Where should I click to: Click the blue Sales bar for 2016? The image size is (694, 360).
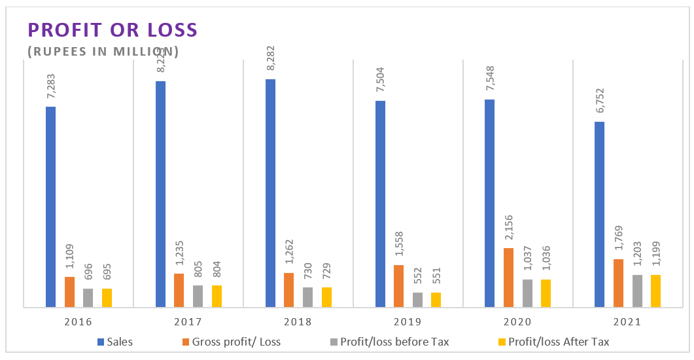pyautogui.click(x=50, y=206)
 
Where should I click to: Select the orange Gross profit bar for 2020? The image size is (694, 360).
pyautogui.click(x=508, y=277)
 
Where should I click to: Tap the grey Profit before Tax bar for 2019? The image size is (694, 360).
pyautogui.click(x=417, y=299)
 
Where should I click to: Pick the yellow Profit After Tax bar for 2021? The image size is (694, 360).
pyautogui.click(x=655, y=291)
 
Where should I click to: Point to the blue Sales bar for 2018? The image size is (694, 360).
pyautogui.click(x=270, y=192)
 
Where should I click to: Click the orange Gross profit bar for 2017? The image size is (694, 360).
pyautogui.click(x=179, y=290)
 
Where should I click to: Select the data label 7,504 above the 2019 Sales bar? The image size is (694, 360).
pyautogui.click(x=381, y=82)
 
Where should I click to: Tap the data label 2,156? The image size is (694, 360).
pyautogui.click(x=509, y=229)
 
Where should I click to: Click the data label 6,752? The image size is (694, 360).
pyautogui.click(x=600, y=103)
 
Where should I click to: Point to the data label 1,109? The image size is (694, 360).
pyautogui.click(x=69, y=258)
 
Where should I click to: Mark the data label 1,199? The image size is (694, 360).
pyautogui.click(x=655, y=256)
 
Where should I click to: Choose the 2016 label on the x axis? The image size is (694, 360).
pyautogui.click(x=78, y=322)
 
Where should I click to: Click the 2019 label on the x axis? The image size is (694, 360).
pyautogui.click(x=408, y=322)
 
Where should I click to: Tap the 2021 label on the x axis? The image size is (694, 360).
pyautogui.click(x=628, y=322)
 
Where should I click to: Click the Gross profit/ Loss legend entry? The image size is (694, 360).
pyautogui.click(x=232, y=342)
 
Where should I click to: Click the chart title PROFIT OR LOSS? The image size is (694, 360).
pyautogui.click(x=112, y=29)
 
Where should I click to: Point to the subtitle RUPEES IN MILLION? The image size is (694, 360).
pyautogui.click(x=103, y=50)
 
